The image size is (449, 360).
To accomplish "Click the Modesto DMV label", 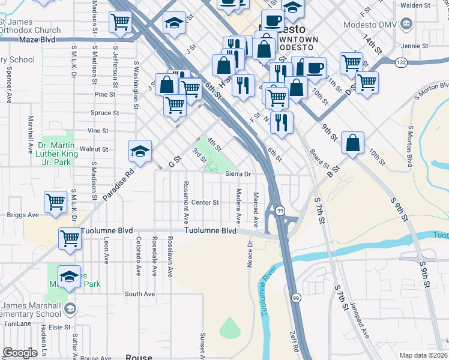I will (372, 25).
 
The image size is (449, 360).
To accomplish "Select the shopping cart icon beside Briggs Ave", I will (56, 202).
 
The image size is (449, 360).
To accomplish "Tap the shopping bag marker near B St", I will (353, 143).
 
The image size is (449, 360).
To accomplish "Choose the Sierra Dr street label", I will (237, 174).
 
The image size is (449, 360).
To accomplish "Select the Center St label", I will (205, 202).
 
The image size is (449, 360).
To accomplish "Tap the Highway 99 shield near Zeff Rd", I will (295, 298).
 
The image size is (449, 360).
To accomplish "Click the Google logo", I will (19, 352).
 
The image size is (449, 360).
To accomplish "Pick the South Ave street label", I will (140, 294).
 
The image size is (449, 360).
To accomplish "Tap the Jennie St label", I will (412, 46).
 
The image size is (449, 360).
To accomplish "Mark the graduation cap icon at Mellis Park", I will (70, 277).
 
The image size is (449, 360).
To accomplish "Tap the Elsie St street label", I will (59, 327).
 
